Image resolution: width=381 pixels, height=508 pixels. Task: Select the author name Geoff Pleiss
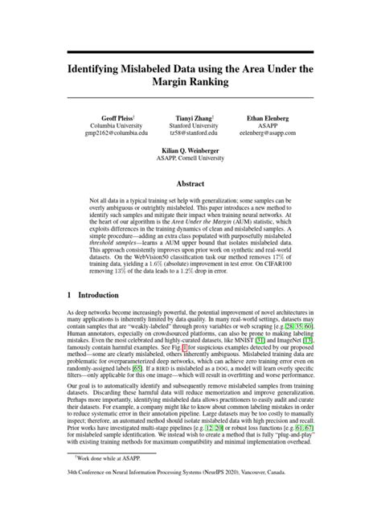coord(117,117)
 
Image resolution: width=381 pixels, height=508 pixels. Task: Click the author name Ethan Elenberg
coord(265,117)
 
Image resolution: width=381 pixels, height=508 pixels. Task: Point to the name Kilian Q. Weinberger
coord(190,150)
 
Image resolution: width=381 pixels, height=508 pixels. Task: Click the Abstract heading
coord(190,183)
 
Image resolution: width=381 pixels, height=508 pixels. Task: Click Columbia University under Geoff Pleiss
coord(118,125)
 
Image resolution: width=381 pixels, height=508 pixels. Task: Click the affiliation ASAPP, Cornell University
coord(190,158)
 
